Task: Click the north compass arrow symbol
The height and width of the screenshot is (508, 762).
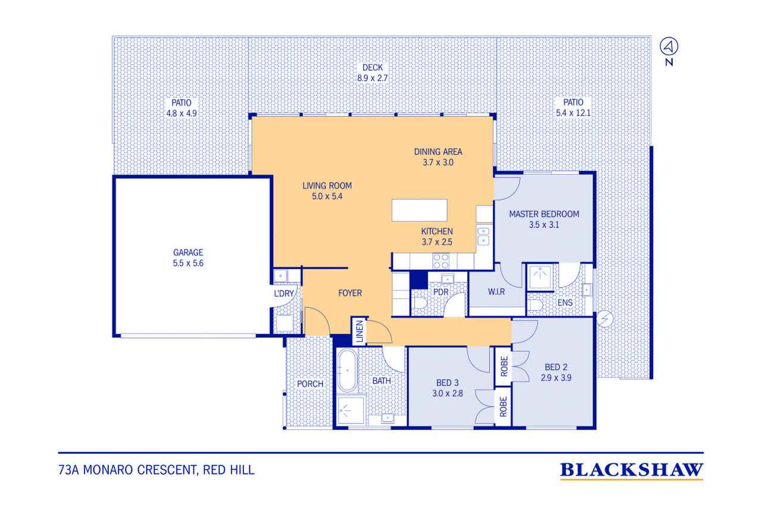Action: point(669,46)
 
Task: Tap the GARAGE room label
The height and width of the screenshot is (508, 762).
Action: point(188,253)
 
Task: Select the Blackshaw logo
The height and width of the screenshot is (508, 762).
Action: point(632,471)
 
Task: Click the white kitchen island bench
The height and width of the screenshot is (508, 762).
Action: point(419,210)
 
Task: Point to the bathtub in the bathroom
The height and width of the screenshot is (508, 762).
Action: point(347,370)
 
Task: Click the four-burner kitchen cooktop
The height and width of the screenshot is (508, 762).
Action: point(441,261)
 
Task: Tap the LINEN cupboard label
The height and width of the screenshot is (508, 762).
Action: point(360,331)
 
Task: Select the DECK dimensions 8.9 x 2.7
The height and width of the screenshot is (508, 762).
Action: point(373,78)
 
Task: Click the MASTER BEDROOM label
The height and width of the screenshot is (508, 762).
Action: point(544,214)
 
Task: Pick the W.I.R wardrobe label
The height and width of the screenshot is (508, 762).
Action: point(496,292)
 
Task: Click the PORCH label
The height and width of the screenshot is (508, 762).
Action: point(310,384)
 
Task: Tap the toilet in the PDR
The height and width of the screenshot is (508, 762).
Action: point(419,303)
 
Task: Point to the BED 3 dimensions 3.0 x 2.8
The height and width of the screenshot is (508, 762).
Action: point(447,394)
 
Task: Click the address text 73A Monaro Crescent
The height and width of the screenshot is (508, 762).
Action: point(126,470)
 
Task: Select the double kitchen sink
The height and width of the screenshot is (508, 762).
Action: point(483,236)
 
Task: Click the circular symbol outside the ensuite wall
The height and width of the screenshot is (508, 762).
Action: point(604,319)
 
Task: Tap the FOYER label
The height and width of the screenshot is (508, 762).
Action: point(349,293)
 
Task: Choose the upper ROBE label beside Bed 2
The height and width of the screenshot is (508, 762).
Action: point(504,366)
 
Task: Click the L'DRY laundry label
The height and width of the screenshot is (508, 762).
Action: point(284,293)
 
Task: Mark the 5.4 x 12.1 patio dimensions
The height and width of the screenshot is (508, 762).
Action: point(573,113)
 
